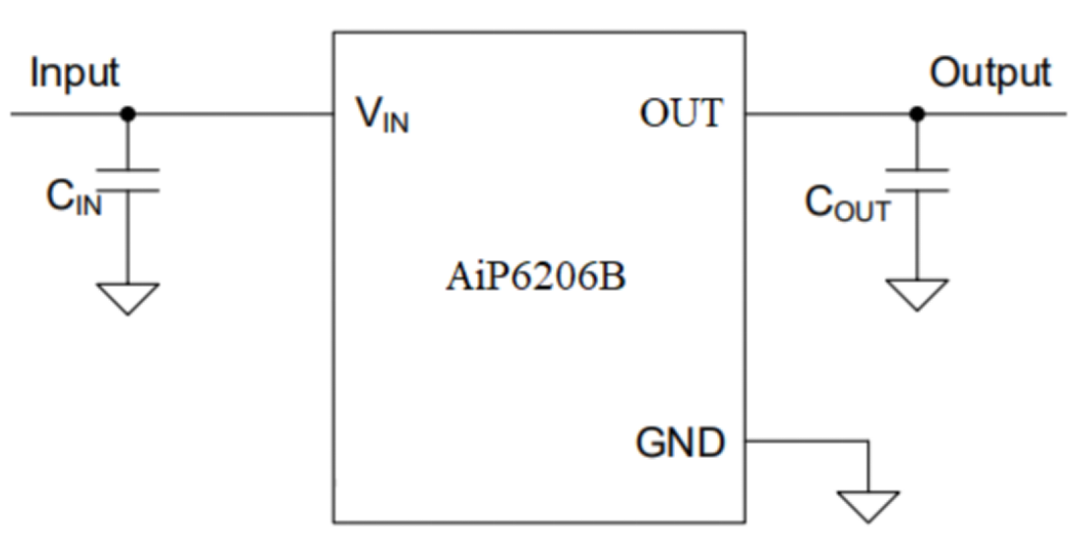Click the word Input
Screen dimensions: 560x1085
point(75,73)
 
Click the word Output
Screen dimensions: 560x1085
point(990,73)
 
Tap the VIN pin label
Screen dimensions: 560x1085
point(383,117)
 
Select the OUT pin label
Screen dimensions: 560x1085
point(680,114)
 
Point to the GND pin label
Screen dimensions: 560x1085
point(681,443)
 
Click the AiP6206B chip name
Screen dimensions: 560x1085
point(535,278)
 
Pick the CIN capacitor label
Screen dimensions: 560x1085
point(74,199)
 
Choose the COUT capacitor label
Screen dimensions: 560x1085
point(847,203)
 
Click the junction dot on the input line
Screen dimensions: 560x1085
point(127,114)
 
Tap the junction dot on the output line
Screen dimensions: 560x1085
point(917,114)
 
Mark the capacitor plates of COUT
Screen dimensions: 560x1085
point(917,180)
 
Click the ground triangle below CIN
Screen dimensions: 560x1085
point(128,298)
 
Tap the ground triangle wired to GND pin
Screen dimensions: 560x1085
point(869,505)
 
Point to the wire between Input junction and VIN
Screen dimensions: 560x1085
point(231,114)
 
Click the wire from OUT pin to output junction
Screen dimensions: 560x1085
point(831,114)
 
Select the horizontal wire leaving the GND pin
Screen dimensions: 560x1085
point(807,441)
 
